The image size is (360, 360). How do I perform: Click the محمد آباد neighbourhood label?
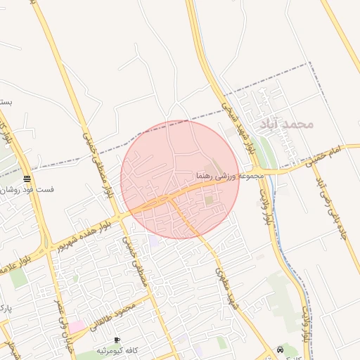285,124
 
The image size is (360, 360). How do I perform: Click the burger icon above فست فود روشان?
27,179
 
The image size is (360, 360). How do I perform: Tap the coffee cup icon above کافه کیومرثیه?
117,340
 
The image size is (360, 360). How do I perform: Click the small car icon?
281,349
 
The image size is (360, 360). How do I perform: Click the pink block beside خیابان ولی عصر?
76,326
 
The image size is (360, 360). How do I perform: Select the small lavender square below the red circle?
153,241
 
